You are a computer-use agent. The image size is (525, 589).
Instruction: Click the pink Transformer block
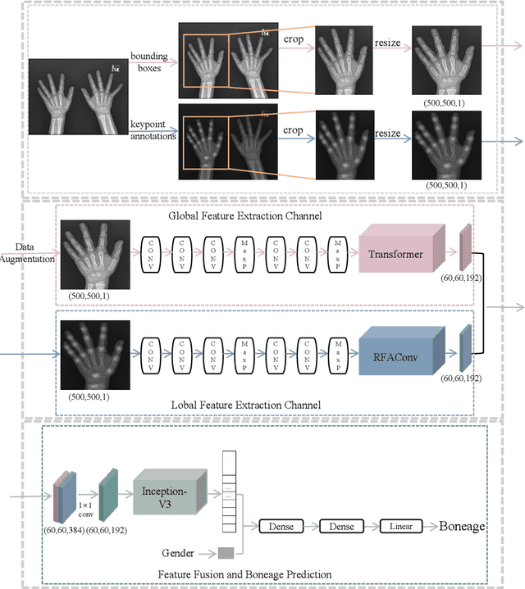(395, 254)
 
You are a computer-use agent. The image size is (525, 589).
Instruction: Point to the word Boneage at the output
(463, 527)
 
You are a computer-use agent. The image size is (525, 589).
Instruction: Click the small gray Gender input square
(226, 555)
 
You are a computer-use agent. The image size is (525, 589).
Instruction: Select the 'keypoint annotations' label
(153, 129)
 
